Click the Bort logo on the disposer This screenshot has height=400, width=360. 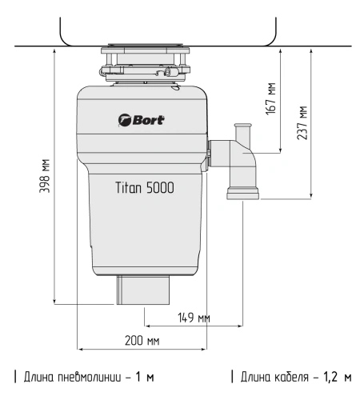[142, 120]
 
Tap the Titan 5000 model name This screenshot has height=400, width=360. [145, 187]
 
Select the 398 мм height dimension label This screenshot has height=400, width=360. [45, 176]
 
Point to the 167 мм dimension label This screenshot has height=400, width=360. [271, 98]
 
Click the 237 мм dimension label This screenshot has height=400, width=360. [302, 123]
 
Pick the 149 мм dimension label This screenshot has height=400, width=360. [194, 318]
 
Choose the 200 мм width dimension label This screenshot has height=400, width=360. [142, 341]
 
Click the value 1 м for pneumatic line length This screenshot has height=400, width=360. [145, 377]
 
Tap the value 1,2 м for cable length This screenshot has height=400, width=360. [338, 377]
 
